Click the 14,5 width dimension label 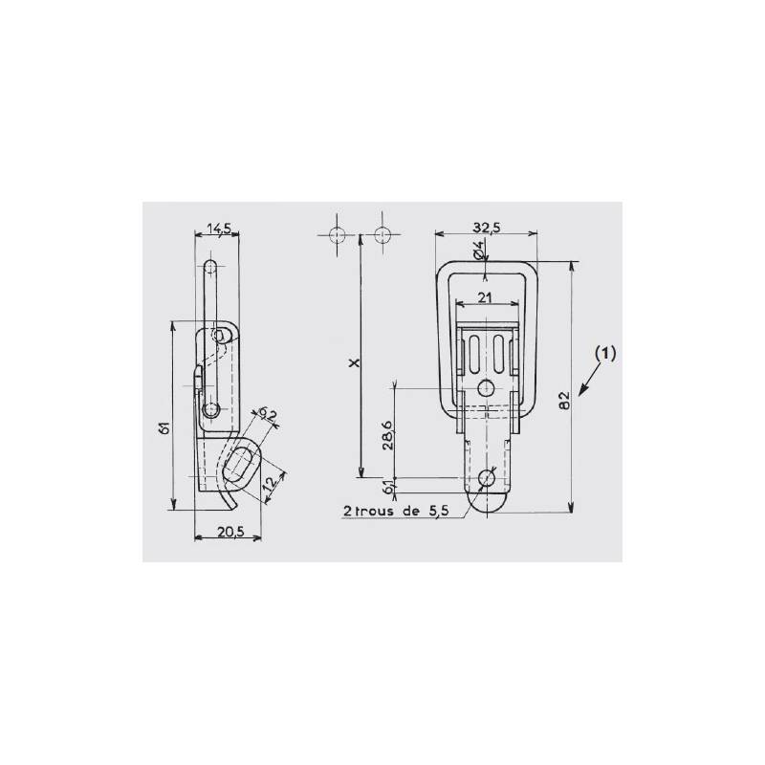(220, 228)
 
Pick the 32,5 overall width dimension (486, 227)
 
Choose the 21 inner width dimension (486, 297)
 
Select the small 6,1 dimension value (387, 488)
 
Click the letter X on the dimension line (353, 363)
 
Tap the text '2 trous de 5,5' (394, 511)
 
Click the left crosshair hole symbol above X (335, 235)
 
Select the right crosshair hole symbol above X (383, 235)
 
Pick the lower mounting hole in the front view (488, 477)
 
